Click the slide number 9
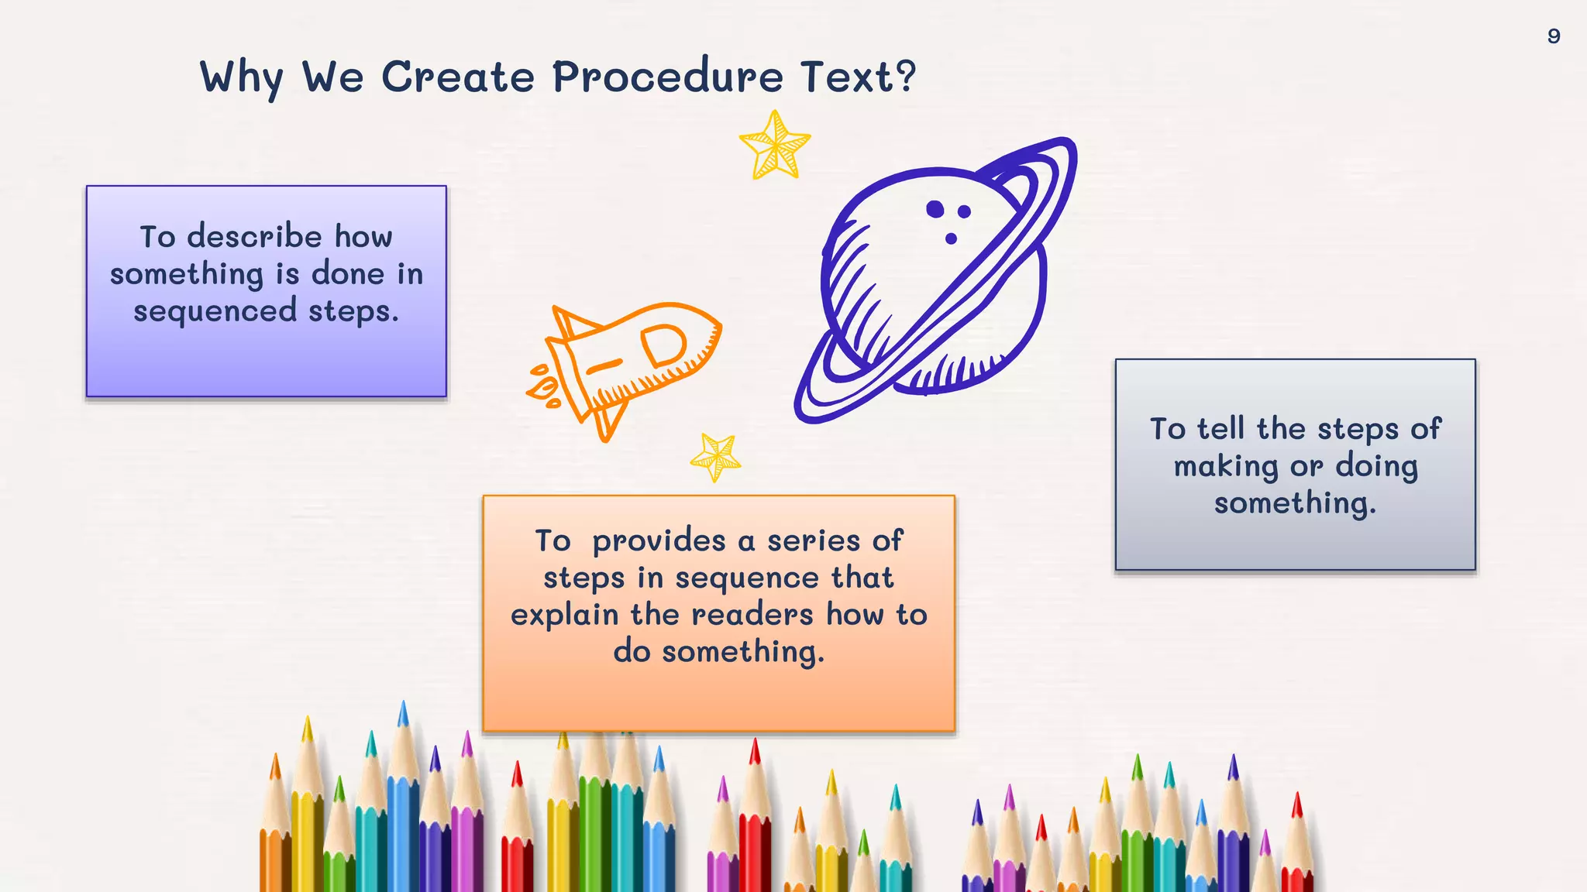1553,36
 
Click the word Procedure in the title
667,77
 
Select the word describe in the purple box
254,237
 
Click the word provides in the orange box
659,541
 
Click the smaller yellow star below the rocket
716,457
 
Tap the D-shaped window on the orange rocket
664,345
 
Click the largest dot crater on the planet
935,209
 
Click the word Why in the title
241,78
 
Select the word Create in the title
457,77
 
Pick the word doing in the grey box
1376,467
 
